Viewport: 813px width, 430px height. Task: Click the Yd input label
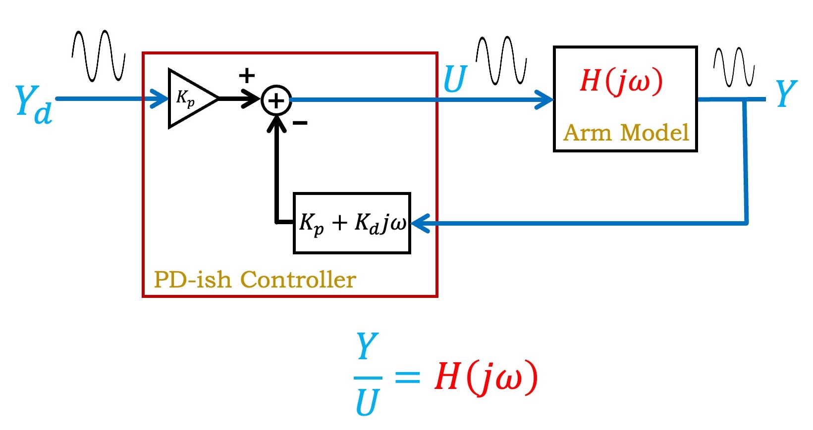coord(33,104)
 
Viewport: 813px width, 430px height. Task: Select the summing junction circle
coord(276,100)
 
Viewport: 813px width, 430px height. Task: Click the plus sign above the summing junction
coord(247,76)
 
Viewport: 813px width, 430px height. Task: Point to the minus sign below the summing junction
coord(300,123)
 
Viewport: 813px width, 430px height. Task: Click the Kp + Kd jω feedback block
coord(352,223)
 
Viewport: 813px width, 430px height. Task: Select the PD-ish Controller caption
coord(255,280)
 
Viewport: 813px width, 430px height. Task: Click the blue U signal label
coord(455,79)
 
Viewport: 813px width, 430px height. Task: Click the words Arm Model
coord(626,133)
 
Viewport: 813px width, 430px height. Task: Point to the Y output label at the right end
coord(786,94)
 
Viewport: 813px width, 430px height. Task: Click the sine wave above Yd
coord(99,55)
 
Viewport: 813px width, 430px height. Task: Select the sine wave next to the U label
coord(501,60)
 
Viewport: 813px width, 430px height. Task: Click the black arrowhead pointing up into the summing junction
coord(276,124)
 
